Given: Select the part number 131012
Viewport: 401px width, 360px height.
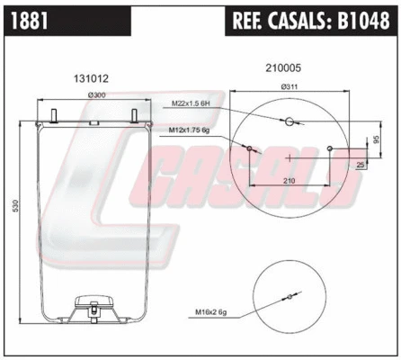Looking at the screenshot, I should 88,78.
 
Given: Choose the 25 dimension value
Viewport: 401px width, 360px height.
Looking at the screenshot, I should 361,165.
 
